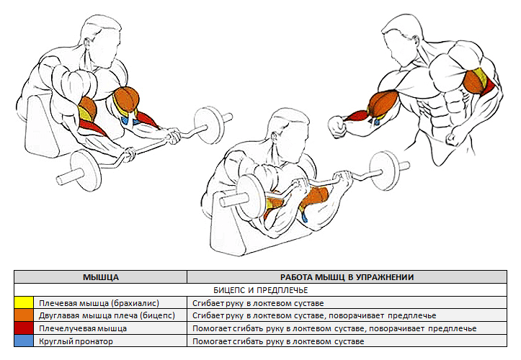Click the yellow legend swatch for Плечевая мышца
25,304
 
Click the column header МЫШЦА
101,276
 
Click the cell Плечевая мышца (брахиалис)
99,304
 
